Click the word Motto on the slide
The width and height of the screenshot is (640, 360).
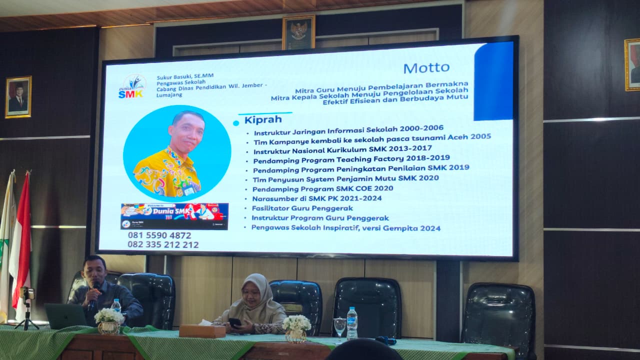[426, 67]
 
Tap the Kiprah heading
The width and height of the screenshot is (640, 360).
[262, 120]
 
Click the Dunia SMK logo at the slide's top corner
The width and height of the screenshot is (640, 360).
[131, 86]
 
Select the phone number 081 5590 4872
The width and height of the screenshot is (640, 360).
[159, 235]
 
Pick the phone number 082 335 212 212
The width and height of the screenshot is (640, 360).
[163, 244]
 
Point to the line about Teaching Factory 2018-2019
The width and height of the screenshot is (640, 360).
[351, 158]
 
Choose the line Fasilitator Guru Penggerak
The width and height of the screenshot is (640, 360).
[295, 208]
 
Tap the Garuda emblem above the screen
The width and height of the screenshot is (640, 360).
[298, 32]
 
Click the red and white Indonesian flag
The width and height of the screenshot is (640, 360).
[22, 240]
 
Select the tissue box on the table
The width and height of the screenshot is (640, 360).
[202, 330]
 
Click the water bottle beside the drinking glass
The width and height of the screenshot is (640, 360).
[352, 323]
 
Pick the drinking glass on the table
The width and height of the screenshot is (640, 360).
[340, 328]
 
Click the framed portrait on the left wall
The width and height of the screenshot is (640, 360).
[18, 97]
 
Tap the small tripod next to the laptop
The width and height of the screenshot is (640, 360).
[26, 307]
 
